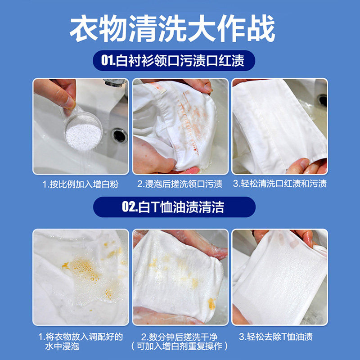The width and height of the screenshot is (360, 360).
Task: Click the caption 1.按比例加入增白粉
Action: (x=80, y=184)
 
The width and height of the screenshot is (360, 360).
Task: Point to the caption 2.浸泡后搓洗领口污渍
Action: (x=180, y=184)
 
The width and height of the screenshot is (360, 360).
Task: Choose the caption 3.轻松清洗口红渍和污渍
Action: (x=279, y=184)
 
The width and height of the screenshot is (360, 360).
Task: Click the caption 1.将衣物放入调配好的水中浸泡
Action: (x=80, y=342)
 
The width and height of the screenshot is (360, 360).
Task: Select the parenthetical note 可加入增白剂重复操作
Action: (x=180, y=346)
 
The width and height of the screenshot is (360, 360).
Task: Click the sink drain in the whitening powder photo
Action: (x=119, y=135)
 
